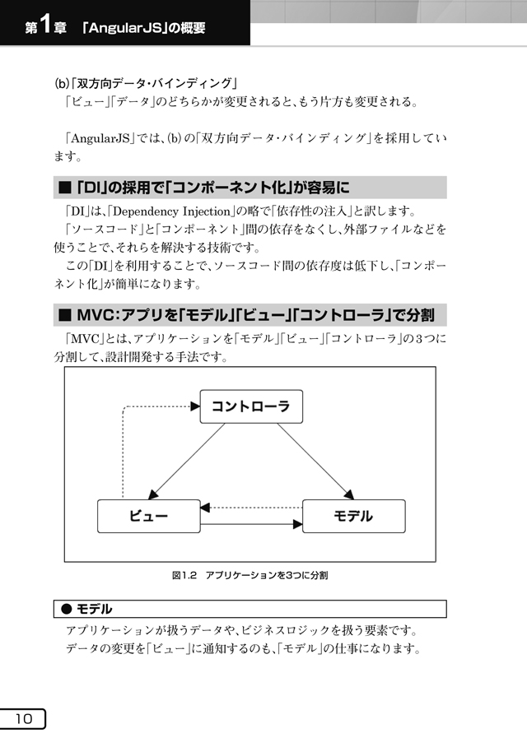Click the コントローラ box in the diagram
251,406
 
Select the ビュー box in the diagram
149,516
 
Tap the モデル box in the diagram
354,516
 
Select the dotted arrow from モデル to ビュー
251,508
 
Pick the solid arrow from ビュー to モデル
251,525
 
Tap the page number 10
23,719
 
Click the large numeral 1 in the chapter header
45,25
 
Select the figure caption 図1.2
184,575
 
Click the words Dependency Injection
172,211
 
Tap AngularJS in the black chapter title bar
126,28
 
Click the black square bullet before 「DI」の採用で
64,188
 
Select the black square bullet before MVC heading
64,315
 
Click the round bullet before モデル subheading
67,609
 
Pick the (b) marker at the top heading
61,84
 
